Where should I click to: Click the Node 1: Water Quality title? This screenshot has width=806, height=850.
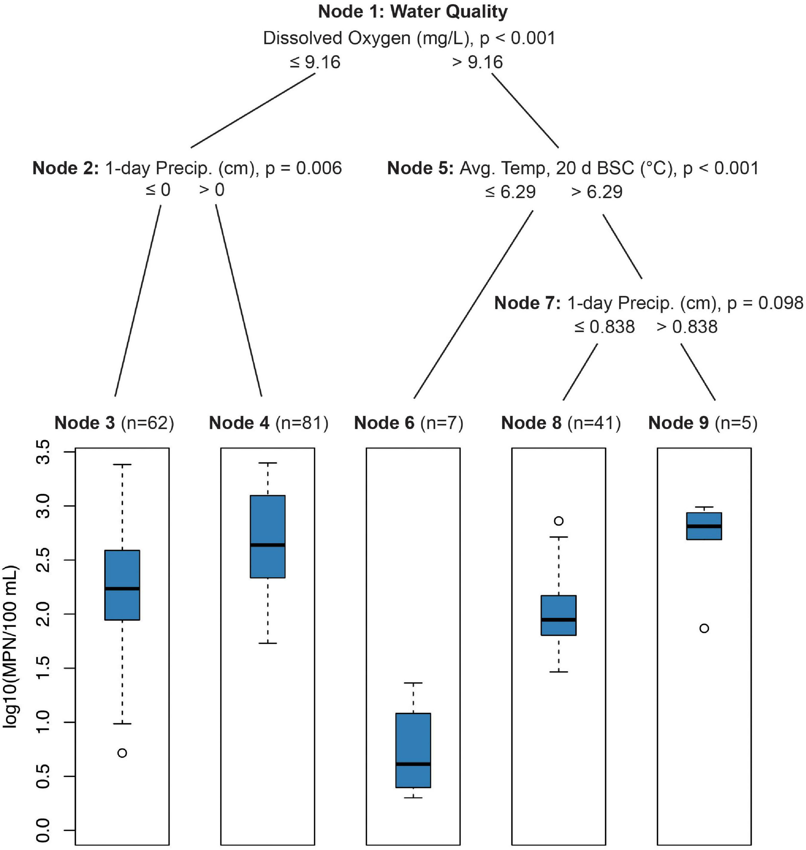click(413, 12)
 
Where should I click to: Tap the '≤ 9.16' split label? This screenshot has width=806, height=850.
click(315, 63)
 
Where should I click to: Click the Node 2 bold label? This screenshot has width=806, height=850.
click(66, 168)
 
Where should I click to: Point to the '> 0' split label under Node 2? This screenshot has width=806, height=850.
click(212, 190)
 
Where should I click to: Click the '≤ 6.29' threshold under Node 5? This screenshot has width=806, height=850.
click(510, 192)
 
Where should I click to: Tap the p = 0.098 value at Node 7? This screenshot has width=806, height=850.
click(765, 303)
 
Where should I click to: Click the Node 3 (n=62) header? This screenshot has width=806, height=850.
click(114, 423)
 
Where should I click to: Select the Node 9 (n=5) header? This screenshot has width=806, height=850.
click(703, 423)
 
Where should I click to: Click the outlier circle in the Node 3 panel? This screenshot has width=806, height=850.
click(122, 753)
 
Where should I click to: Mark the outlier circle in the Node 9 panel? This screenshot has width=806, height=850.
click(704, 628)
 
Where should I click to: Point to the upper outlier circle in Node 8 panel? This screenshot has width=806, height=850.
click(558, 521)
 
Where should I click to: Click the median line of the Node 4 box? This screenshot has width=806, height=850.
click(268, 545)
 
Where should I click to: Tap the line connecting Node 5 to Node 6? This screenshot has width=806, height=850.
click(473, 305)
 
